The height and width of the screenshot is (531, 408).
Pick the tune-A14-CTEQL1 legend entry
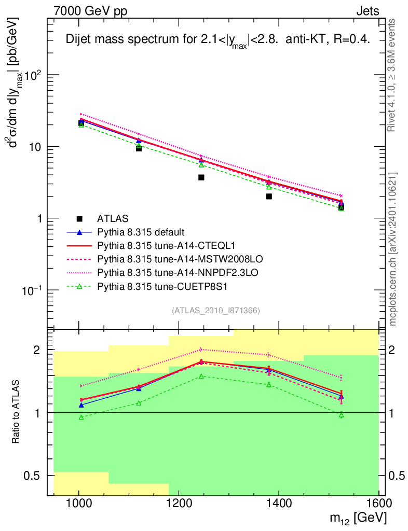click(155, 245)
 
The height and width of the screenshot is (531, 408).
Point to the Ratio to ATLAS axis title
click(17, 412)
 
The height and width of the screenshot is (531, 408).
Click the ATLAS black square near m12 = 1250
click(201, 177)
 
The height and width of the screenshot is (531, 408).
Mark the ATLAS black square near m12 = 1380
click(269, 197)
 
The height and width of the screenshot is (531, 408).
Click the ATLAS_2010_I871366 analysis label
click(215, 311)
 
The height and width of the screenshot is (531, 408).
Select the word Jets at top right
click(367, 11)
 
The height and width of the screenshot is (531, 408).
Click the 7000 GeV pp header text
click(90, 11)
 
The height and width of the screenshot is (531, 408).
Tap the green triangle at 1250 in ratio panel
click(201, 376)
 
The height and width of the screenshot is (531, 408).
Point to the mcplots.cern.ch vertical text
click(393, 249)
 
